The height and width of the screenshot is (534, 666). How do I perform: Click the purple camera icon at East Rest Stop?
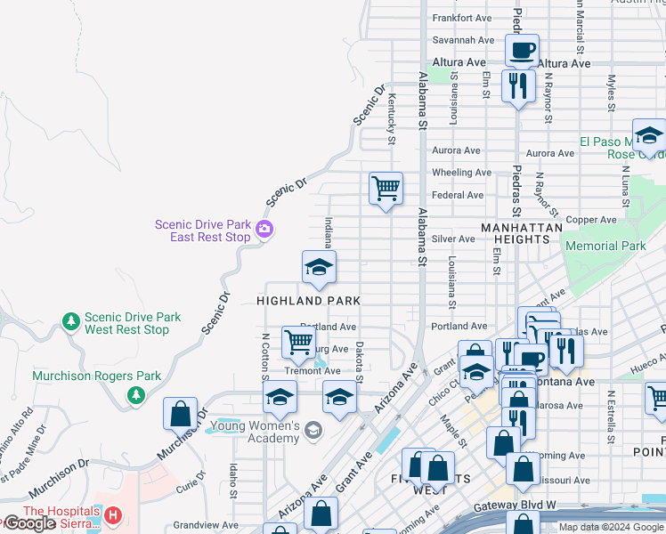coord(264,231)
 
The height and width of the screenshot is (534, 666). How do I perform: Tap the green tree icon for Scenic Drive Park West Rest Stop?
coord(70,320)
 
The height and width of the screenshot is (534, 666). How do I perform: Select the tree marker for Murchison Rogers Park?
coord(135,394)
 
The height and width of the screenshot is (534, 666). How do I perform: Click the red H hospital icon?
coord(113,515)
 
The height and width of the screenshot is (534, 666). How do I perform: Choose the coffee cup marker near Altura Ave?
coord(522,49)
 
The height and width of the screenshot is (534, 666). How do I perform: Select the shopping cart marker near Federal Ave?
coord(386,189)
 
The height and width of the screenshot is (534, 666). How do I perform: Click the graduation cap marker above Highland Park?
coord(319,266)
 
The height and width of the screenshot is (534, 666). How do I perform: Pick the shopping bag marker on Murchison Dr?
coord(180,414)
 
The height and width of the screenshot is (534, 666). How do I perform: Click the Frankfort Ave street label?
coord(462,18)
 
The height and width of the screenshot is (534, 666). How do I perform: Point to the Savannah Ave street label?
coord(463,40)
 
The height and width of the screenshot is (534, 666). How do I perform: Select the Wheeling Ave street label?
coord(461,173)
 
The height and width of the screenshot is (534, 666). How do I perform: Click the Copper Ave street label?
coord(592,219)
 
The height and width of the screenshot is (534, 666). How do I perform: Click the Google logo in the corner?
coord(29,523)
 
